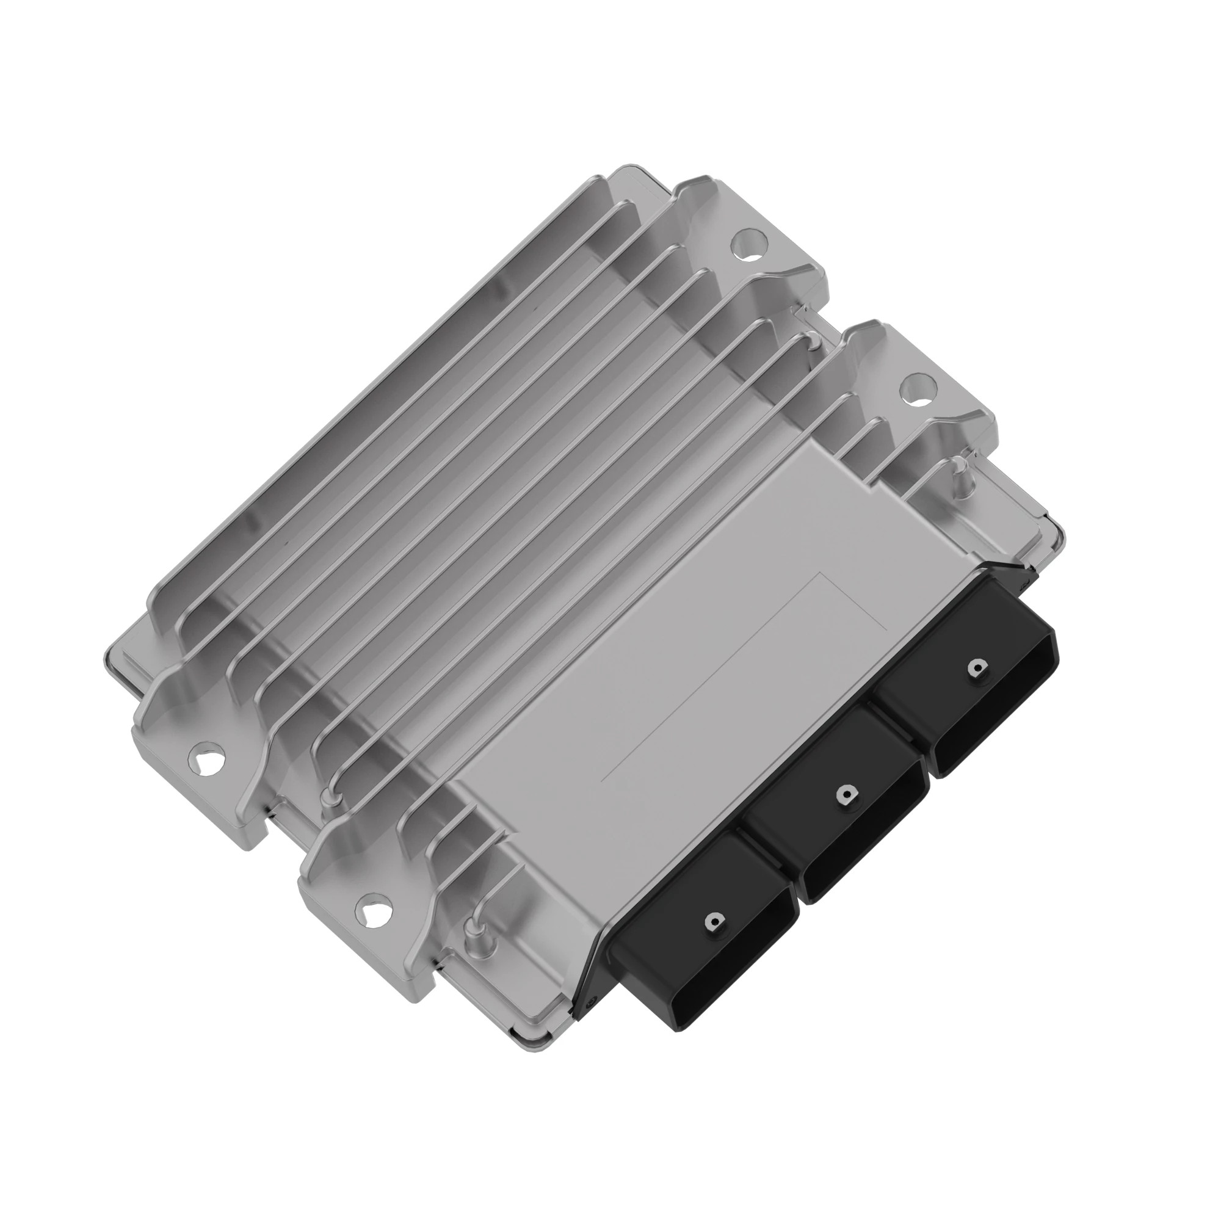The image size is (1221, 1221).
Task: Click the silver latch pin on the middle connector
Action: pyautogui.click(x=845, y=795)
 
